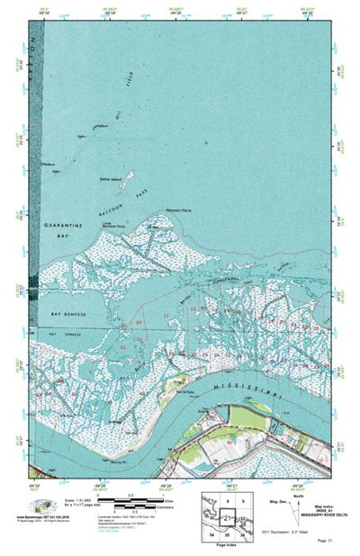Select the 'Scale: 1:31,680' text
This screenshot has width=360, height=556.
(76, 489)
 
